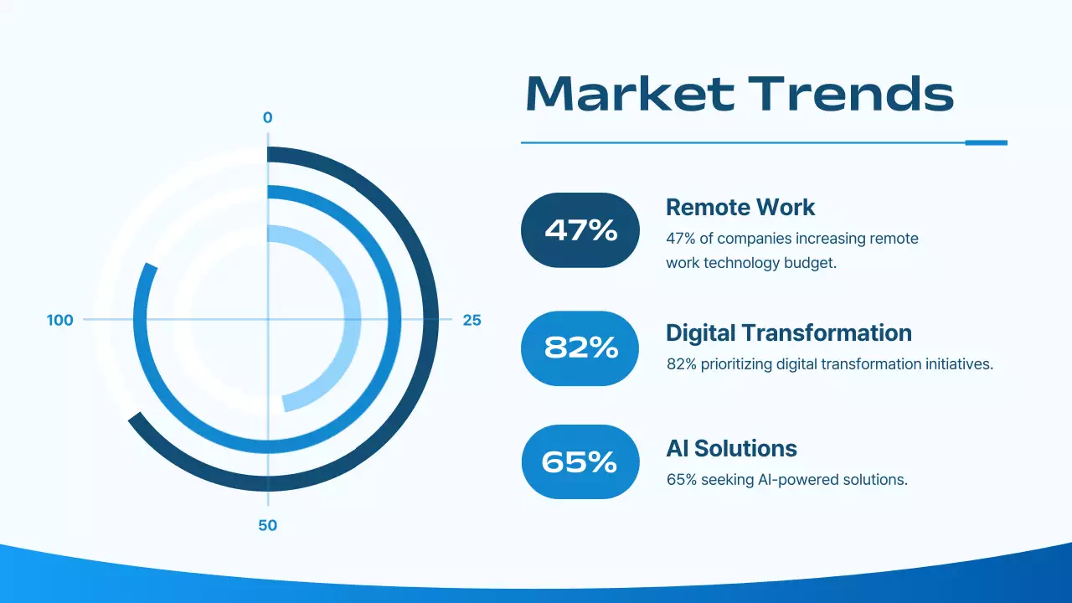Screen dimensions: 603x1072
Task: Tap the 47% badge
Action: [x=580, y=230]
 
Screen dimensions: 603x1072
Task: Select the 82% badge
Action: [x=580, y=348]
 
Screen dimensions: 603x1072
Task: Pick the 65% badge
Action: [x=580, y=461]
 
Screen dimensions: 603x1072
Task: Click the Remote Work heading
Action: [x=740, y=207]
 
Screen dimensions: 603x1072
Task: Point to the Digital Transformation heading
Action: [x=788, y=332]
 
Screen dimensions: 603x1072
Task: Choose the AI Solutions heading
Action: [x=731, y=448]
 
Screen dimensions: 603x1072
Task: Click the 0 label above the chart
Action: [x=267, y=118]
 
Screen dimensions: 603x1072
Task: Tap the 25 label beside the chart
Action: [x=472, y=320]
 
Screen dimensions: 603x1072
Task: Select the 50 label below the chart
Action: [x=267, y=526]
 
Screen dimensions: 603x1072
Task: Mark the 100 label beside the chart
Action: [x=60, y=320]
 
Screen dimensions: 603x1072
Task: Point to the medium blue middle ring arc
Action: [x=393, y=318]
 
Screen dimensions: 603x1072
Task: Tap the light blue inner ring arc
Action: [x=354, y=318]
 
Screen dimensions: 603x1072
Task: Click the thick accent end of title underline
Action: [x=986, y=142]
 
